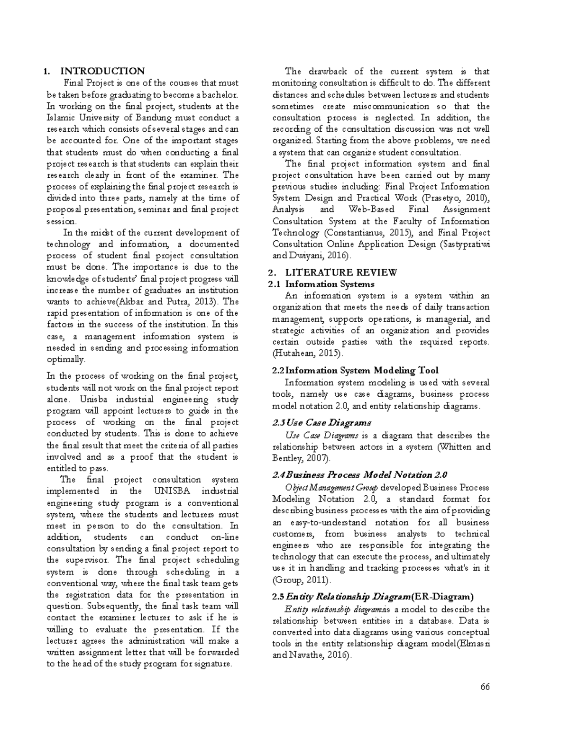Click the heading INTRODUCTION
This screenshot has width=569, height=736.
[102, 72]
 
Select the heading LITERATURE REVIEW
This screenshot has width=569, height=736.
[341, 273]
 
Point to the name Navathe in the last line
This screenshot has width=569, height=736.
[309, 656]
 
